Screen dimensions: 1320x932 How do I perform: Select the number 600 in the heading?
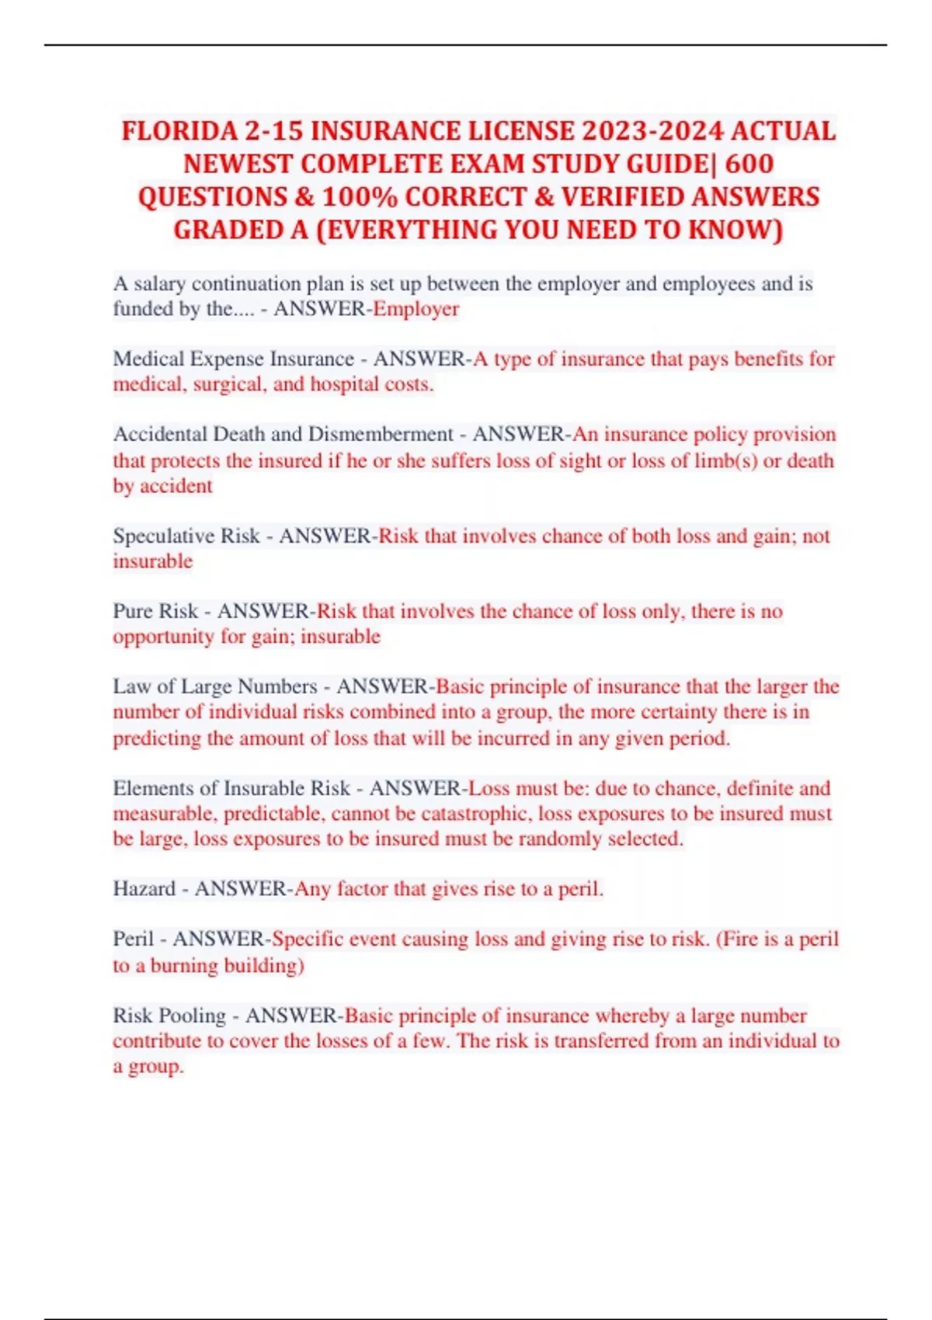click(x=749, y=164)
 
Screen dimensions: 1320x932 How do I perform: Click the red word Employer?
click(x=416, y=309)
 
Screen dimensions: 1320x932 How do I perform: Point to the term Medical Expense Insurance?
click(x=233, y=359)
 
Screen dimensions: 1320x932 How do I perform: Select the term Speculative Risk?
click(x=186, y=536)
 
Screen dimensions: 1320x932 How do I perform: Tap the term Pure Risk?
click(x=155, y=611)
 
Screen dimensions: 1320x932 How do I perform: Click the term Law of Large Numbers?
click(x=215, y=686)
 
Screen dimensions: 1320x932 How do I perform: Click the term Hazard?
click(x=144, y=888)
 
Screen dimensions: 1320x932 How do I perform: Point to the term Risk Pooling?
click(x=169, y=1016)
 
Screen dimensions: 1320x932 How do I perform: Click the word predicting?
click(x=157, y=738)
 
